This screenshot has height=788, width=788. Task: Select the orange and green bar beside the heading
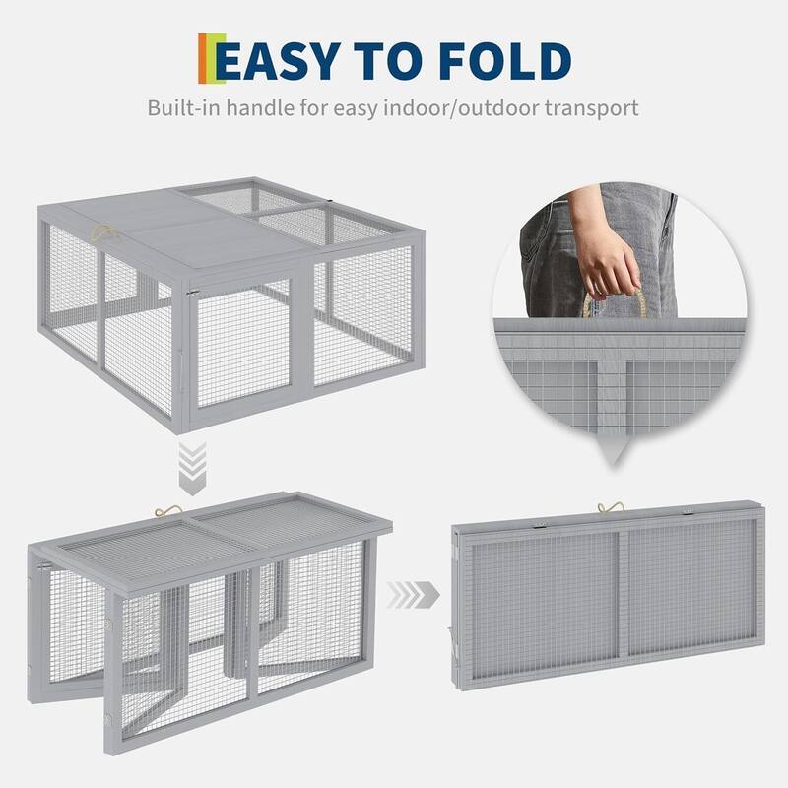click(205, 59)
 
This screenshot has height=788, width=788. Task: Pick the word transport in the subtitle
click(592, 106)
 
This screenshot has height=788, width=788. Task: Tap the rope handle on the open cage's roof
click(101, 234)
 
